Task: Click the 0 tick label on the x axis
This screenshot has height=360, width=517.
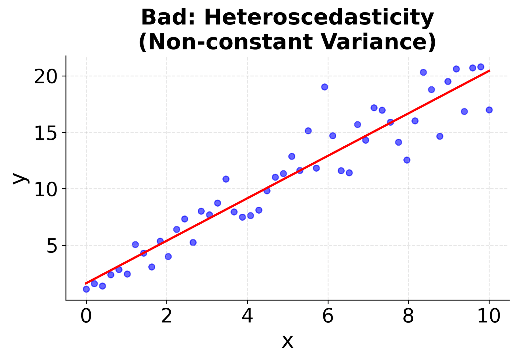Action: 86,316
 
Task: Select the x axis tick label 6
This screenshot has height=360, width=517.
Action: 328,316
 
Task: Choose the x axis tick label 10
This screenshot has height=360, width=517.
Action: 489,316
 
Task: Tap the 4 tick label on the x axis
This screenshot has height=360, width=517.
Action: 247,316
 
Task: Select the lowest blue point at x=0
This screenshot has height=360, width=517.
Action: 86,289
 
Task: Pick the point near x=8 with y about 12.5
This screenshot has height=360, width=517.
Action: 407,160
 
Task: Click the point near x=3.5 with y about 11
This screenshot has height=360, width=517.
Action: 226,179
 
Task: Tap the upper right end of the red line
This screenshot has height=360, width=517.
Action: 489,70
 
